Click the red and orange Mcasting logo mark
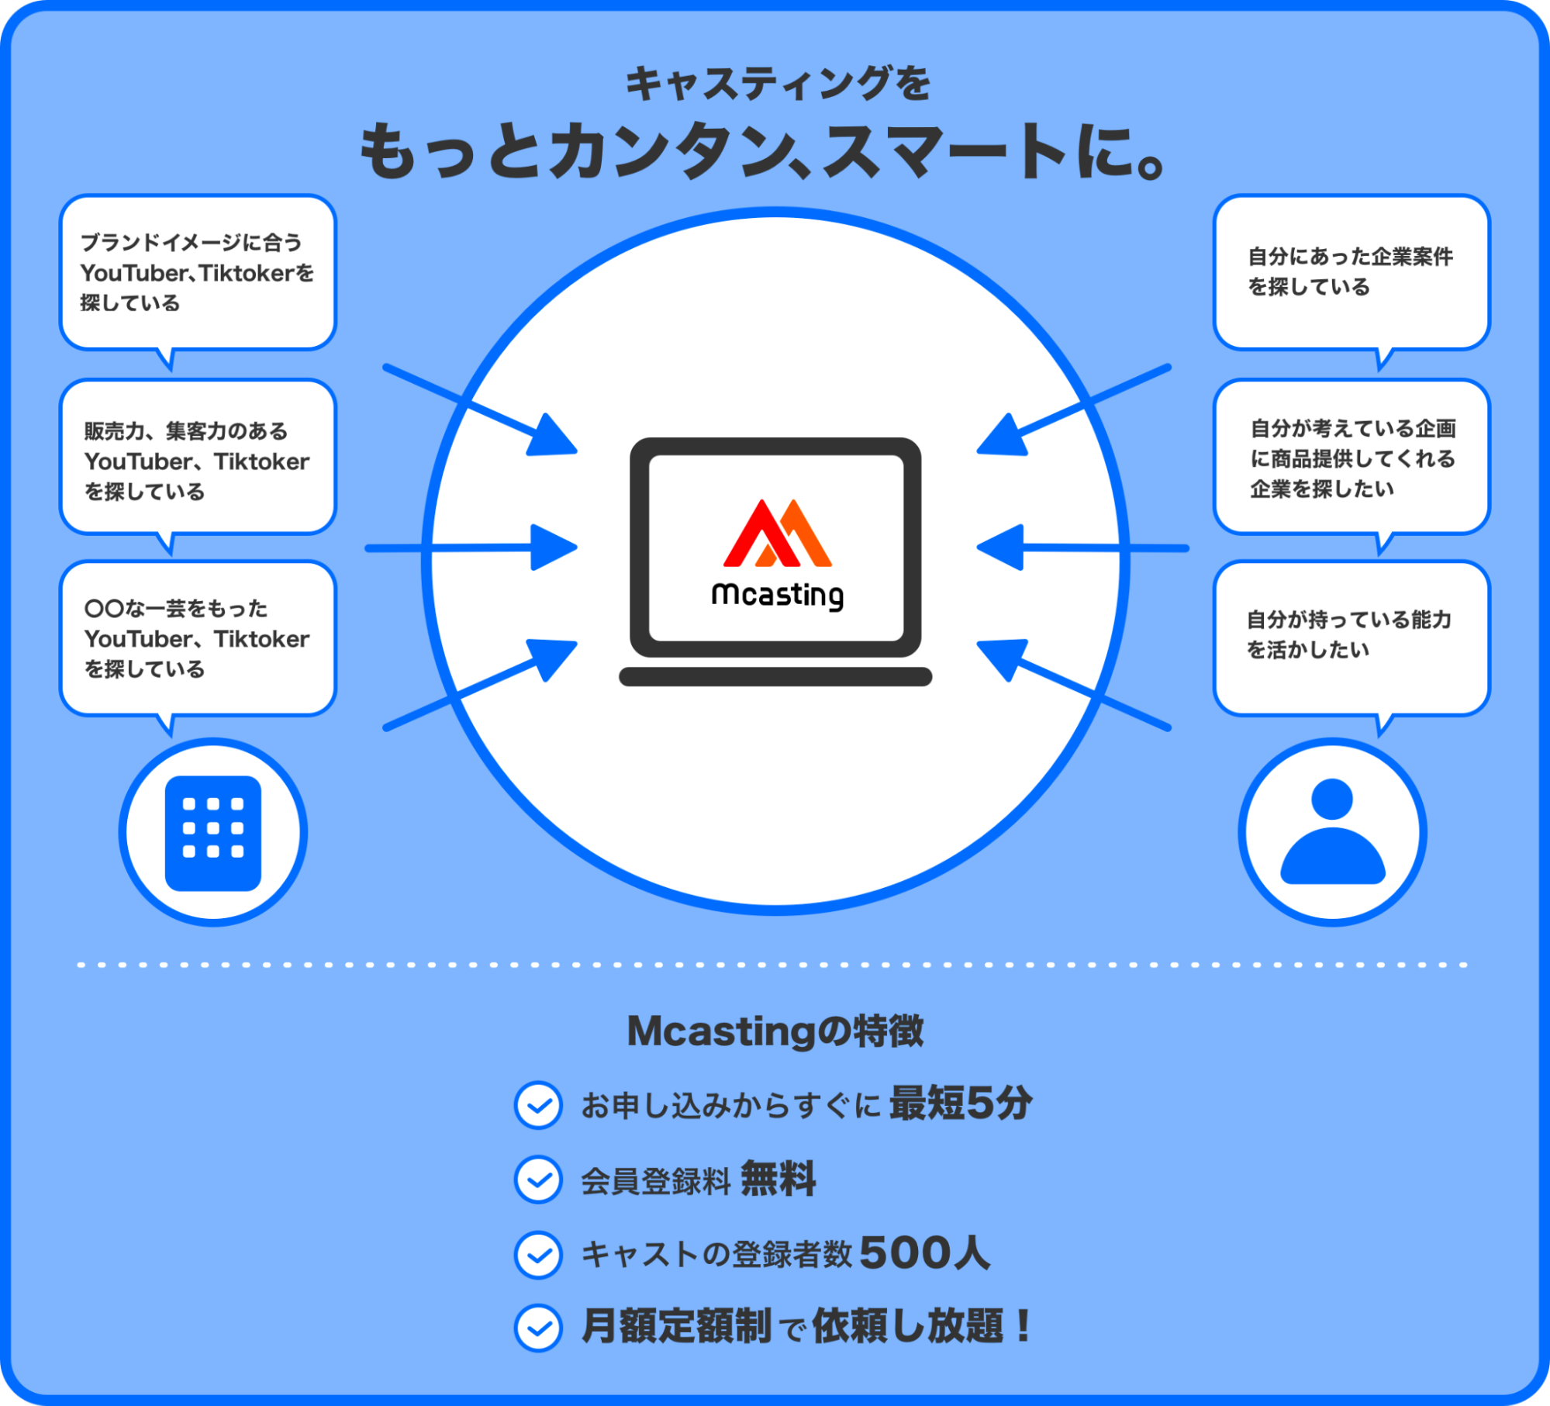click(x=777, y=534)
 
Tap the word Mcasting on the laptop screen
click(x=777, y=596)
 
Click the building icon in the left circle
click(x=213, y=833)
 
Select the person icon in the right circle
click(x=1332, y=833)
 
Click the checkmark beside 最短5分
click(x=538, y=1104)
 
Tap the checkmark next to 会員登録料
click(x=538, y=1180)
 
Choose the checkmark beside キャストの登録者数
click(x=538, y=1254)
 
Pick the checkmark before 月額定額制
click(x=538, y=1328)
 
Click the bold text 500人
click(x=924, y=1252)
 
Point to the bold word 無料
click(x=778, y=1179)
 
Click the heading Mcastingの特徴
click(x=775, y=1031)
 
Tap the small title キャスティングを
click(x=778, y=84)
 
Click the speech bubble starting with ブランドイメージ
click(x=198, y=272)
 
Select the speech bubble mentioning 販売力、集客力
click(x=198, y=458)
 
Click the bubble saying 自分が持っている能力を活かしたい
click(x=1351, y=636)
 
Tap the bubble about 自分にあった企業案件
click(x=1351, y=271)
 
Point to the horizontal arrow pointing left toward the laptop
click(x=1082, y=548)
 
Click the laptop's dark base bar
click(x=775, y=676)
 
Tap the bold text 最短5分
click(x=960, y=1103)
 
